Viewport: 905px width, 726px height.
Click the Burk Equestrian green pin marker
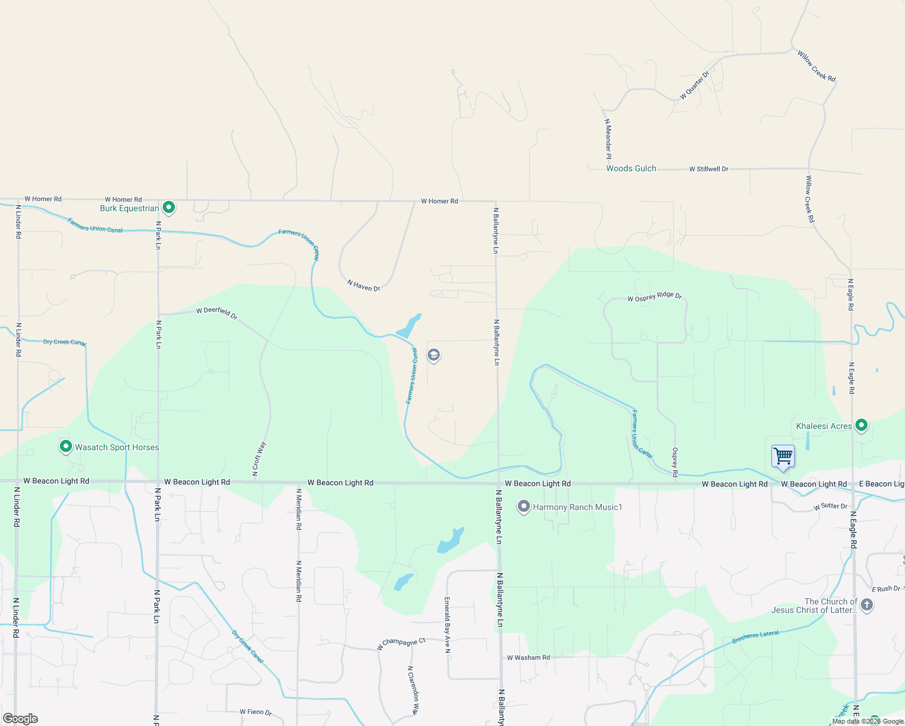coord(169,208)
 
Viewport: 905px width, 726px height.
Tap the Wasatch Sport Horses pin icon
coord(66,446)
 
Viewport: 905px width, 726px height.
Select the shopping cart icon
coord(783,456)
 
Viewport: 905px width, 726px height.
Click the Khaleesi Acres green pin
coord(861,425)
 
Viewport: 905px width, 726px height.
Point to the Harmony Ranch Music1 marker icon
coord(524,507)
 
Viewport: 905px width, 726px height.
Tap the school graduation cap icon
coord(433,355)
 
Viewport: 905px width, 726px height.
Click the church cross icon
coord(866,605)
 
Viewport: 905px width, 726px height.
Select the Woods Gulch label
coord(631,169)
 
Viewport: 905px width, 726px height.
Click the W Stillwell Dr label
coord(708,169)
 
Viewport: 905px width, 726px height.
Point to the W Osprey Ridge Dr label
coord(655,297)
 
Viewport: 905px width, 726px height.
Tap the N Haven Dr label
coord(364,286)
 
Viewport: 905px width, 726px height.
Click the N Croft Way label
coord(259,459)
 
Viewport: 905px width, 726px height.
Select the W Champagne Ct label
coord(401,644)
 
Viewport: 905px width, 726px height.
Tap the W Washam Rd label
coord(528,658)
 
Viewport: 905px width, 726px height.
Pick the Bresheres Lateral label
coord(756,637)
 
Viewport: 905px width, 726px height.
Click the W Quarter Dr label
coord(694,85)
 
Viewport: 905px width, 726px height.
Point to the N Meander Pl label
coord(608,139)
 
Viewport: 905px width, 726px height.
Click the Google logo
coord(21,719)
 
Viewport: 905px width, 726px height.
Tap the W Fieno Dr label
coord(256,712)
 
